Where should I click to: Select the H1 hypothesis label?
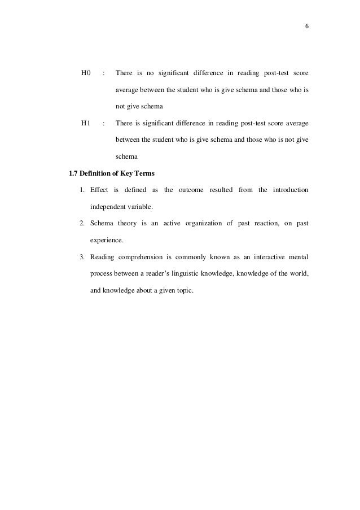(x=86, y=123)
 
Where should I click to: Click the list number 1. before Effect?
(x=82, y=190)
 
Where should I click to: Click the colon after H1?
(x=104, y=123)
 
